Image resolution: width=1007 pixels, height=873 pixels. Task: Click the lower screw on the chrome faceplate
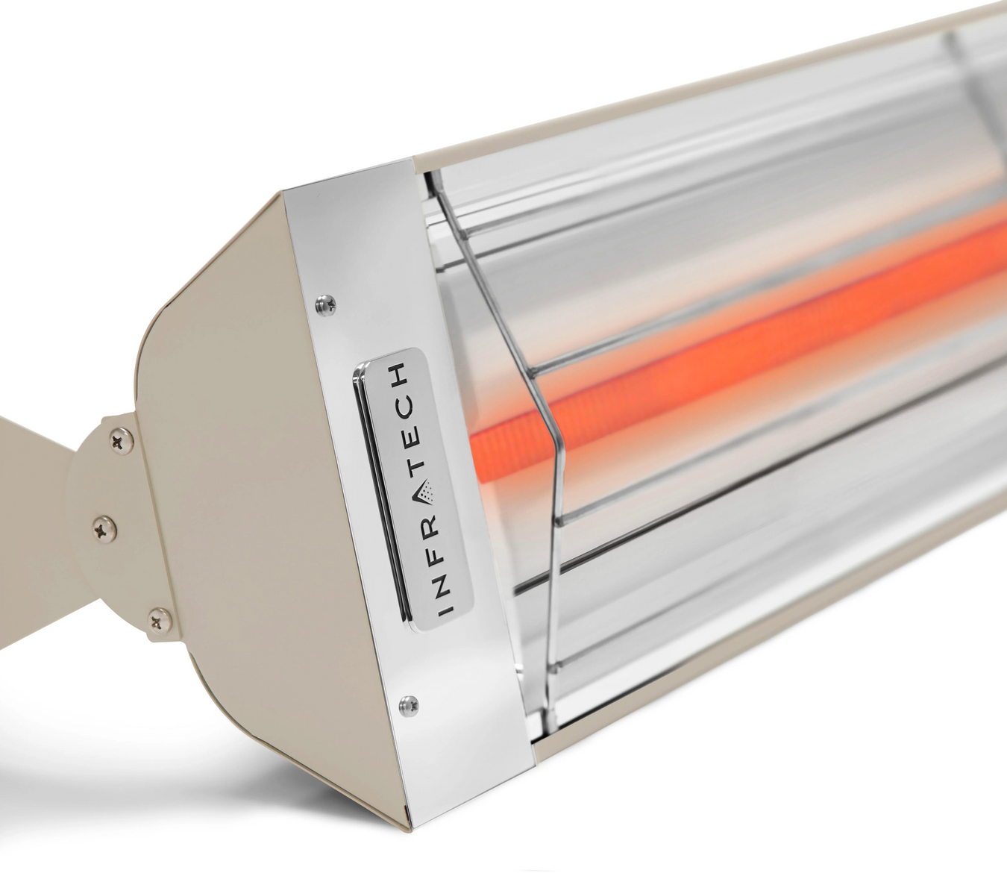(407, 701)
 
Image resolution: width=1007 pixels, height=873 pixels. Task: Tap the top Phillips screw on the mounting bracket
(117, 442)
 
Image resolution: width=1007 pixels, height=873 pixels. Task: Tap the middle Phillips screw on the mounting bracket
(100, 529)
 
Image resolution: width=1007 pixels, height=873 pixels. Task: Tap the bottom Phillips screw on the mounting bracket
(156, 616)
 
